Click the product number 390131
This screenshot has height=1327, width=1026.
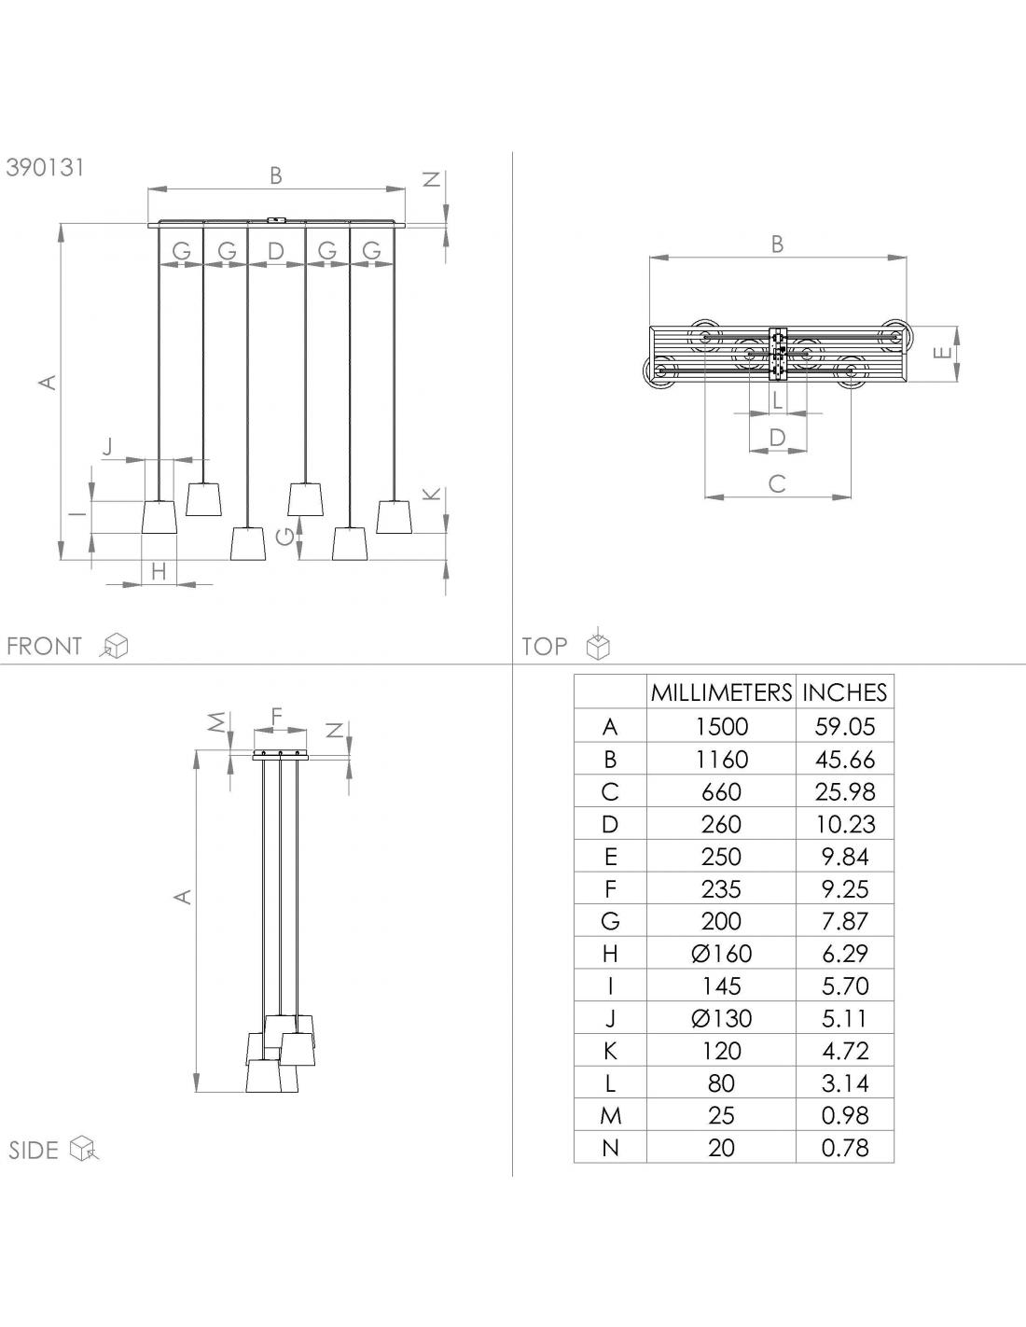click(45, 167)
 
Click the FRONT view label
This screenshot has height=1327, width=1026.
click(44, 646)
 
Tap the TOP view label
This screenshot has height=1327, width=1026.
click(545, 646)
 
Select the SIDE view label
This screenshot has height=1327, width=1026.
click(33, 1151)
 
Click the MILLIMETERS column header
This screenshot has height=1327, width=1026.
click(721, 692)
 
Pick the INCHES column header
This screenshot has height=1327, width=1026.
click(845, 692)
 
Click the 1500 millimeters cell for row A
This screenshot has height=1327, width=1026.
click(721, 727)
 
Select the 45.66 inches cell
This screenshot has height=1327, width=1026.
click(845, 760)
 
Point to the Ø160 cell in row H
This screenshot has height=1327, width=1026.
click(721, 954)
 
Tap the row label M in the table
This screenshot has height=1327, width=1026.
click(610, 1116)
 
